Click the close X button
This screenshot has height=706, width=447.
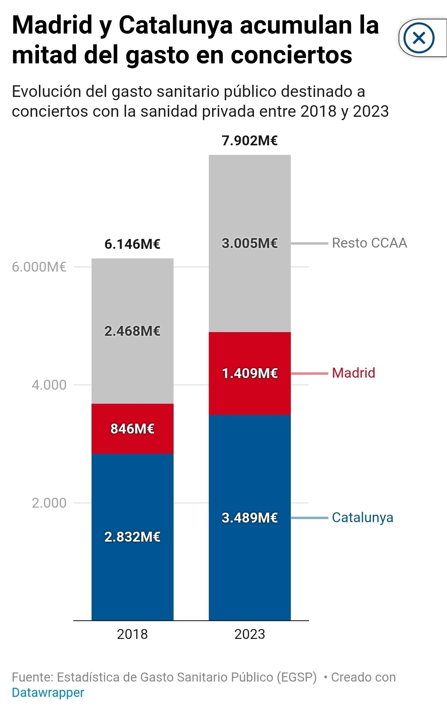419,38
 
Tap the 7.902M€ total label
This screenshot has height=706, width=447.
249,141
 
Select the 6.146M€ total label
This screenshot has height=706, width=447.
132,244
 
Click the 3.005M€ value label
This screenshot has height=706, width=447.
249,243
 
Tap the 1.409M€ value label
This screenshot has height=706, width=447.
249,373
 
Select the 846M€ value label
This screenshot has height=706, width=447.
132,429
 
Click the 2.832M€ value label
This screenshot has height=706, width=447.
132,537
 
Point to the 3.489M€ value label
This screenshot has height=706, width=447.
249,518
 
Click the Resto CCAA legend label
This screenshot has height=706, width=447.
370,243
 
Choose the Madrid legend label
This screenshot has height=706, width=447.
353,373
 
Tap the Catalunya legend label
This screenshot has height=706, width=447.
362,518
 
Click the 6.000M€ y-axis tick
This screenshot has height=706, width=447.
39,267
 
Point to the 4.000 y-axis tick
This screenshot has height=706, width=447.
49,385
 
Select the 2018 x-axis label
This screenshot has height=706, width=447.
132,634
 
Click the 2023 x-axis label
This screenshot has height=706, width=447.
249,634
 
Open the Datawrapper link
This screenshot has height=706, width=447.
48,692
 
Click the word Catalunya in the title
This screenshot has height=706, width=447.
176,25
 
